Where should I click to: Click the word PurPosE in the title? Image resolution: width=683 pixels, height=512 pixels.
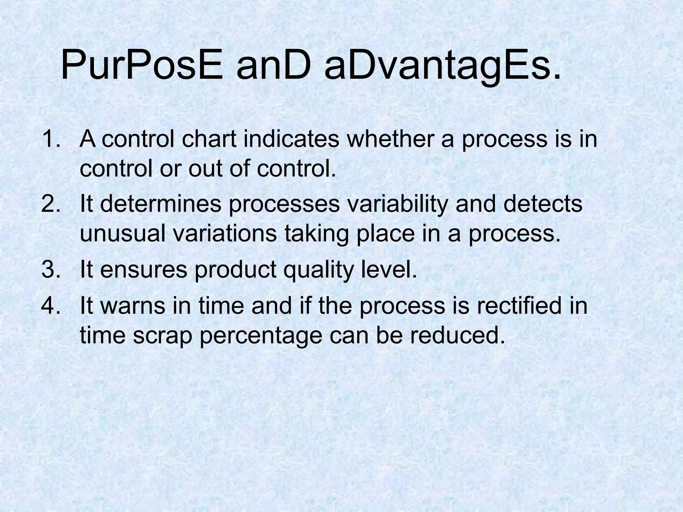point(142,65)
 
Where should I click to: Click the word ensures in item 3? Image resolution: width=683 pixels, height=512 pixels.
point(144,270)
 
